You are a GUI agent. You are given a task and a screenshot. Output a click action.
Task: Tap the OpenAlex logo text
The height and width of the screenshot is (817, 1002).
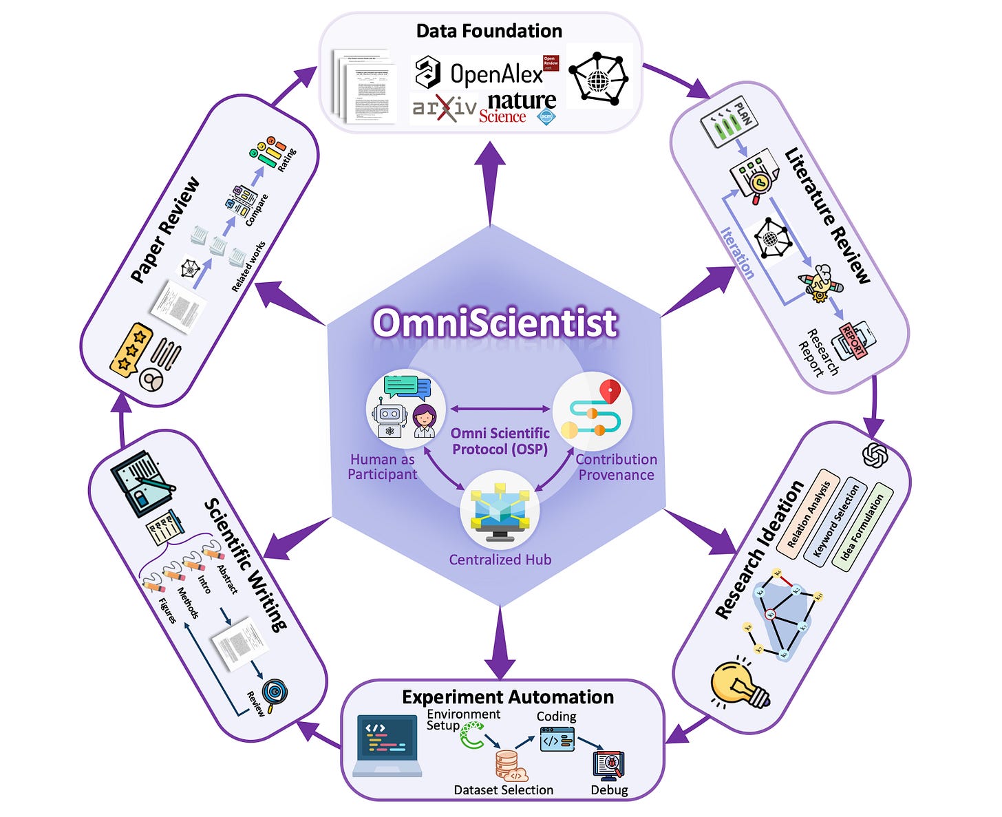click(495, 73)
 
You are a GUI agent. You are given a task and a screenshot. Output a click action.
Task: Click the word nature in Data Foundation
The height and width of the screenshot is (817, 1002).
click(521, 100)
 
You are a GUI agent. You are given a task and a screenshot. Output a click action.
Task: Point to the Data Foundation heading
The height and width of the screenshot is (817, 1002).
click(489, 31)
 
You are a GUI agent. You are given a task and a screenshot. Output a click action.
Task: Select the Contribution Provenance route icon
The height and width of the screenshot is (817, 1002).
click(592, 411)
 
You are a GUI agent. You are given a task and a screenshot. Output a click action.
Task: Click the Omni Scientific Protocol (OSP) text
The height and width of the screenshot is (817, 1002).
click(500, 441)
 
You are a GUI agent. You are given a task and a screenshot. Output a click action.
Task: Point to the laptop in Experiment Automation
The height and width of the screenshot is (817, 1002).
click(387, 745)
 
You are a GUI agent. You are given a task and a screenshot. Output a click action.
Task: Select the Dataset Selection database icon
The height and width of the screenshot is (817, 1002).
click(510, 765)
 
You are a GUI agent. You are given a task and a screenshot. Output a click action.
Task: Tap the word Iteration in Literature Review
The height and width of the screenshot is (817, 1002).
click(737, 253)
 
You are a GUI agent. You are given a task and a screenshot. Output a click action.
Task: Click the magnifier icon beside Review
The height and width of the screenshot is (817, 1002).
click(274, 694)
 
